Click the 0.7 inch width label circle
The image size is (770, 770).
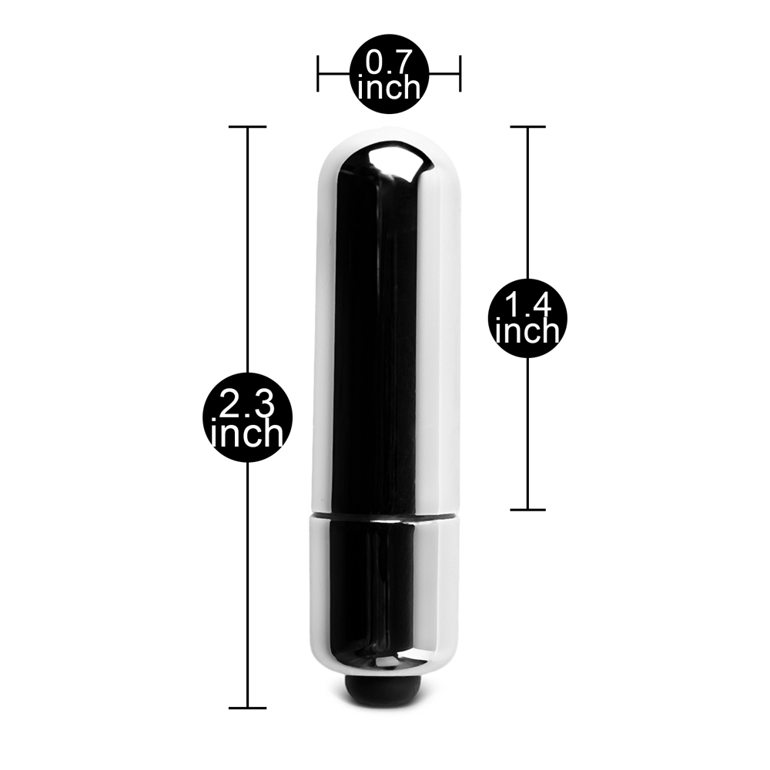point(389,74)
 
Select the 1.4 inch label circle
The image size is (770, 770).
point(528,318)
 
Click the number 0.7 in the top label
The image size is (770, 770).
point(388,62)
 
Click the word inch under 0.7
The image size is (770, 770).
point(388,88)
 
